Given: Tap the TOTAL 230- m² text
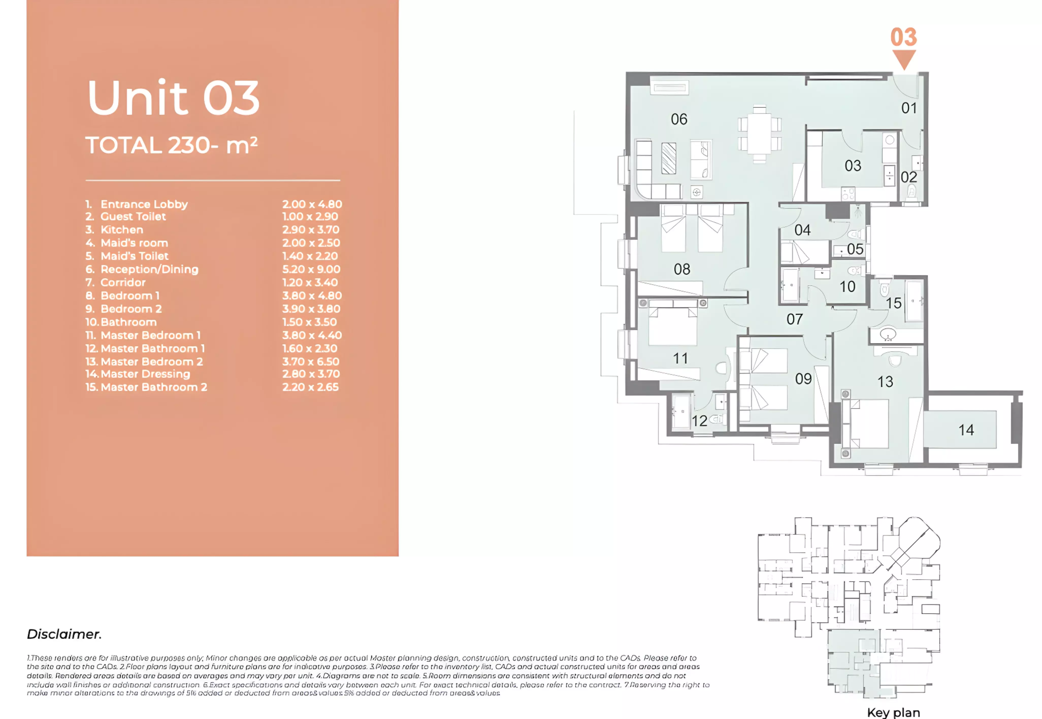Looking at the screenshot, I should tap(171, 145).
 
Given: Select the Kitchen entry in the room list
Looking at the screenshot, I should tap(122, 230).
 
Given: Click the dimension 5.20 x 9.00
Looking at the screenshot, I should tap(311, 269).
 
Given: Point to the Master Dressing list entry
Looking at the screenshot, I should tap(145, 374).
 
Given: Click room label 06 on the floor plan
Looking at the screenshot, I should tap(679, 119).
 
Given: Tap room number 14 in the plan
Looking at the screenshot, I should tap(966, 430).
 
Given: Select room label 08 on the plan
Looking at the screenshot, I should tap(682, 269).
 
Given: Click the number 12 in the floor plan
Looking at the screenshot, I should tap(699, 421).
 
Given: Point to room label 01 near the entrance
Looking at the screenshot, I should tap(909, 108).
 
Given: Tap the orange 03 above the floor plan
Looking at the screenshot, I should tap(903, 37).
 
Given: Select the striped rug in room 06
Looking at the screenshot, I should tap(669, 158).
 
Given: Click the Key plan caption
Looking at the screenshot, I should tap(893, 712).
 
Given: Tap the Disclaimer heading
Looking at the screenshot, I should tap(64, 634).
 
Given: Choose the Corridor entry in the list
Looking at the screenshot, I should tap(123, 283).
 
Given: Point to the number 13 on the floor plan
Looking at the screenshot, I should tap(885, 382).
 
